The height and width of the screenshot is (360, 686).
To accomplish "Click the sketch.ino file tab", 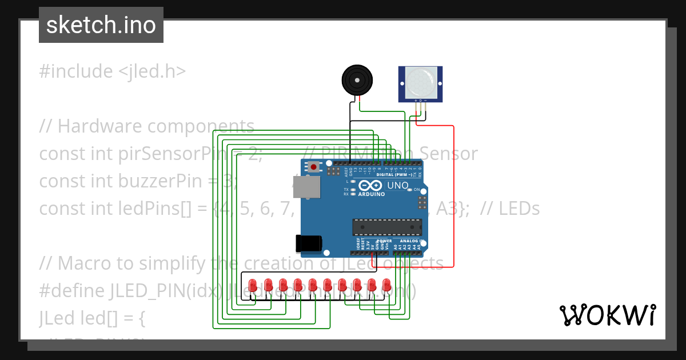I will pyautogui.click(x=101, y=25).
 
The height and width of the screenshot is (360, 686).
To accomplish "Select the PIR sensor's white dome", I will pyautogui.click(x=421, y=83).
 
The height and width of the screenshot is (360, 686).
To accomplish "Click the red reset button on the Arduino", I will pyautogui.click(x=313, y=167).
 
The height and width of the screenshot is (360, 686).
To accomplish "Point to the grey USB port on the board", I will pyautogui.click(x=310, y=187).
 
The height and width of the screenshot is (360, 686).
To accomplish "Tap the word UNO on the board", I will pyautogui.click(x=398, y=186).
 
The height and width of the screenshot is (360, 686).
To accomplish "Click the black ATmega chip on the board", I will pyautogui.click(x=387, y=227).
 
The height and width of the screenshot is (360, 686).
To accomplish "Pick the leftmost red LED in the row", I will pyautogui.click(x=253, y=284).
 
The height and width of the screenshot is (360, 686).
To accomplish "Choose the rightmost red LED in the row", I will pyautogui.click(x=386, y=284).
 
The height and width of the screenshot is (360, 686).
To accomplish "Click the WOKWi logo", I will pyautogui.click(x=607, y=315).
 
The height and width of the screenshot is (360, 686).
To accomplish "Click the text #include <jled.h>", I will pyautogui.click(x=112, y=71).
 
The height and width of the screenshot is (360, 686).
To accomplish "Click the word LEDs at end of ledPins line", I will pyautogui.click(x=519, y=209).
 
